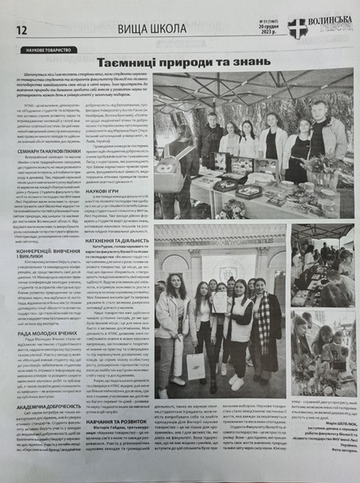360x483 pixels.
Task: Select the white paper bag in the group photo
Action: (x=195, y=365)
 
